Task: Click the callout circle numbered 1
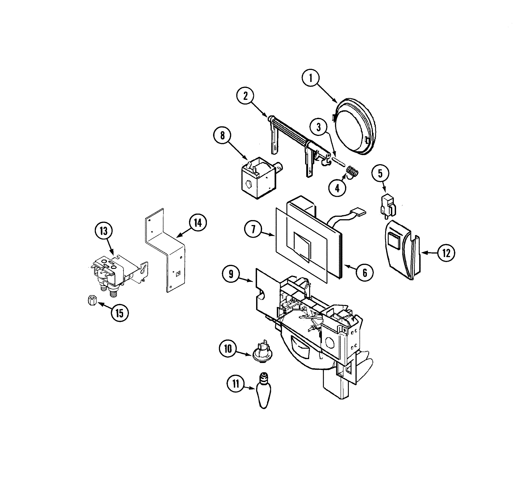point(311,78)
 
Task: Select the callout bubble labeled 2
point(245,96)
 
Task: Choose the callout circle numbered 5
point(380,173)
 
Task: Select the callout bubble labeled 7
point(253,229)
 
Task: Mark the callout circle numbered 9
point(231,274)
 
